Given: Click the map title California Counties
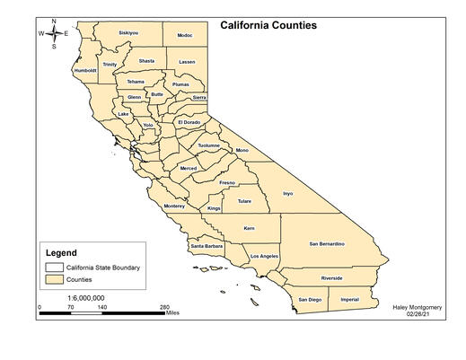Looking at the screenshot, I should click(x=268, y=25).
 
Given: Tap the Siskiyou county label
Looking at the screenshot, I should click(x=128, y=33).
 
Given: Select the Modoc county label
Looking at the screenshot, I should click(x=185, y=35).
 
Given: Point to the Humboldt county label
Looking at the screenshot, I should click(x=85, y=70).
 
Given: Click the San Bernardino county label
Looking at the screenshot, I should click(x=328, y=243).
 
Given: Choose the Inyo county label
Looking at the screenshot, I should click(x=287, y=193).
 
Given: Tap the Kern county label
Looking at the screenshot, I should click(x=249, y=228).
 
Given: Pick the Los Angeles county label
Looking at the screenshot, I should click(x=264, y=257).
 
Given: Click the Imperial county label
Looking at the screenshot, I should click(x=349, y=299).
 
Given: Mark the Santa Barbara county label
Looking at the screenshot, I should click(x=207, y=246).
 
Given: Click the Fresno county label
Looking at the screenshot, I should click(x=226, y=182).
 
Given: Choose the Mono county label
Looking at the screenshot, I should click(x=242, y=150).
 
